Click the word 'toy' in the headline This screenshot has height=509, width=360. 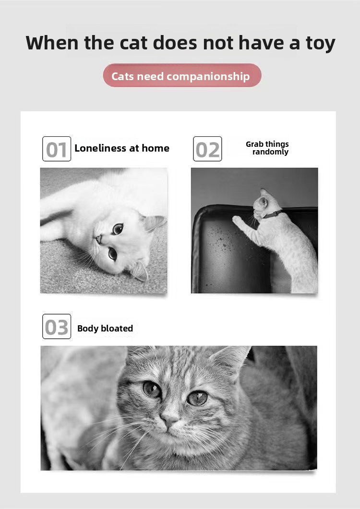320,44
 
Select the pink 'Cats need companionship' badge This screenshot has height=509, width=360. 182,75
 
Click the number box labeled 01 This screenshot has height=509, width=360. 57,149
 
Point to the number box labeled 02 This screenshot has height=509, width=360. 207,149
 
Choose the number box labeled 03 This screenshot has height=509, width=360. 57,327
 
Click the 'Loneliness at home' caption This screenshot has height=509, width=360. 122,148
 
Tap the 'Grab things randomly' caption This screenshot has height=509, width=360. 267,148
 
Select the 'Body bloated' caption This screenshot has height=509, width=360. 105,329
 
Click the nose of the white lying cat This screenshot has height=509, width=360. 98,239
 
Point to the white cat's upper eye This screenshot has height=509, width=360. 118,228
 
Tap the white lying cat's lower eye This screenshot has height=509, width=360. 112,253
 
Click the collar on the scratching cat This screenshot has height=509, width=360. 272,214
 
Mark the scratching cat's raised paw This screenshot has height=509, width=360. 238,221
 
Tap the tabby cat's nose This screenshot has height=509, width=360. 169,418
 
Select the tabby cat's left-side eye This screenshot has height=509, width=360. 152,389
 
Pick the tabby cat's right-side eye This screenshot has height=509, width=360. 197,398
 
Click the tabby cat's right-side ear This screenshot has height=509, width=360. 231,361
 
